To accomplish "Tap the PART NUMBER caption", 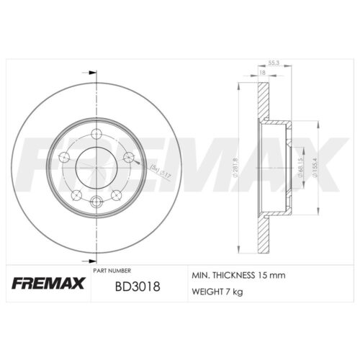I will (112, 269).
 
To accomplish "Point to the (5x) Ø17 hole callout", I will (160, 170).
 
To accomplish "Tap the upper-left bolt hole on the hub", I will (63, 158).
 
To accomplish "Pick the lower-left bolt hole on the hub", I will (76, 193).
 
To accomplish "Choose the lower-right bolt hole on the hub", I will (116, 193).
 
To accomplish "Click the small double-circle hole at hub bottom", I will (96, 199).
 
